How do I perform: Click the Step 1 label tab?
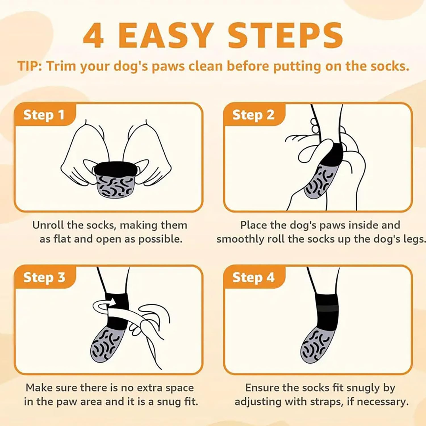click(x=44, y=115)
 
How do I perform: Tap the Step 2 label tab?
click(x=253, y=115)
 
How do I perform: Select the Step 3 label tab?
click(x=44, y=277)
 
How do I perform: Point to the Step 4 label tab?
click(x=253, y=277)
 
